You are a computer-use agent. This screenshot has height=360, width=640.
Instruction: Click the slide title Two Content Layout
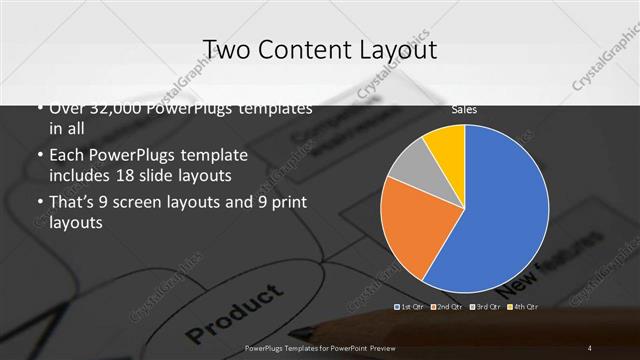pos(319,50)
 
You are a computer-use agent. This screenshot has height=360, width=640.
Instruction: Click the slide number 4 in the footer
pos(590,347)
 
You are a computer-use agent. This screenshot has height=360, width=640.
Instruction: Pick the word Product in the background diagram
pos(235,311)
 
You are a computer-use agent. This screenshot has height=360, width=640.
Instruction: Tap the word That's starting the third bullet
pos(73,203)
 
